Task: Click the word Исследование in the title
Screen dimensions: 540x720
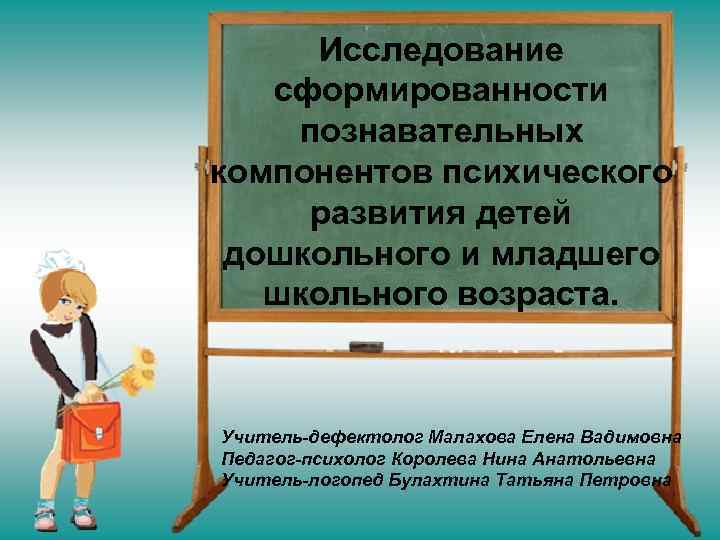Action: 441,49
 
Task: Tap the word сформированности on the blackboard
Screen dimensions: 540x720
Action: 441,91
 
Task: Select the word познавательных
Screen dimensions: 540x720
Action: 441,132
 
